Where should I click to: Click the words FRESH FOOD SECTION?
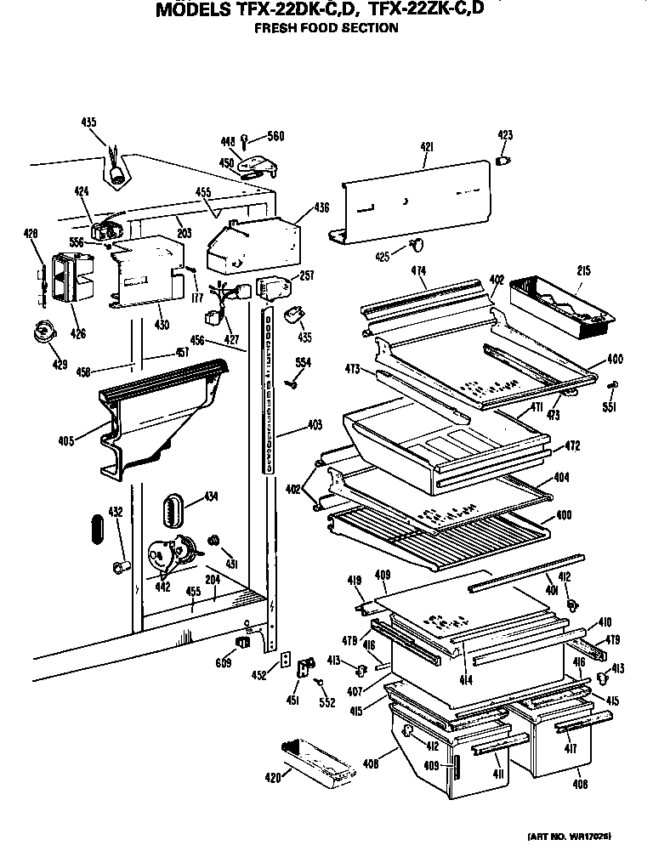(x=327, y=28)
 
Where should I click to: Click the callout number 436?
(x=321, y=207)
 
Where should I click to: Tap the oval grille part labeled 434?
(x=174, y=511)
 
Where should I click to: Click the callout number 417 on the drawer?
(x=570, y=749)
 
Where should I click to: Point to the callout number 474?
(x=417, y=271)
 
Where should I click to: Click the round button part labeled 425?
(x=416, y=247)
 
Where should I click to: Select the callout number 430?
(x=162, y=324)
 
